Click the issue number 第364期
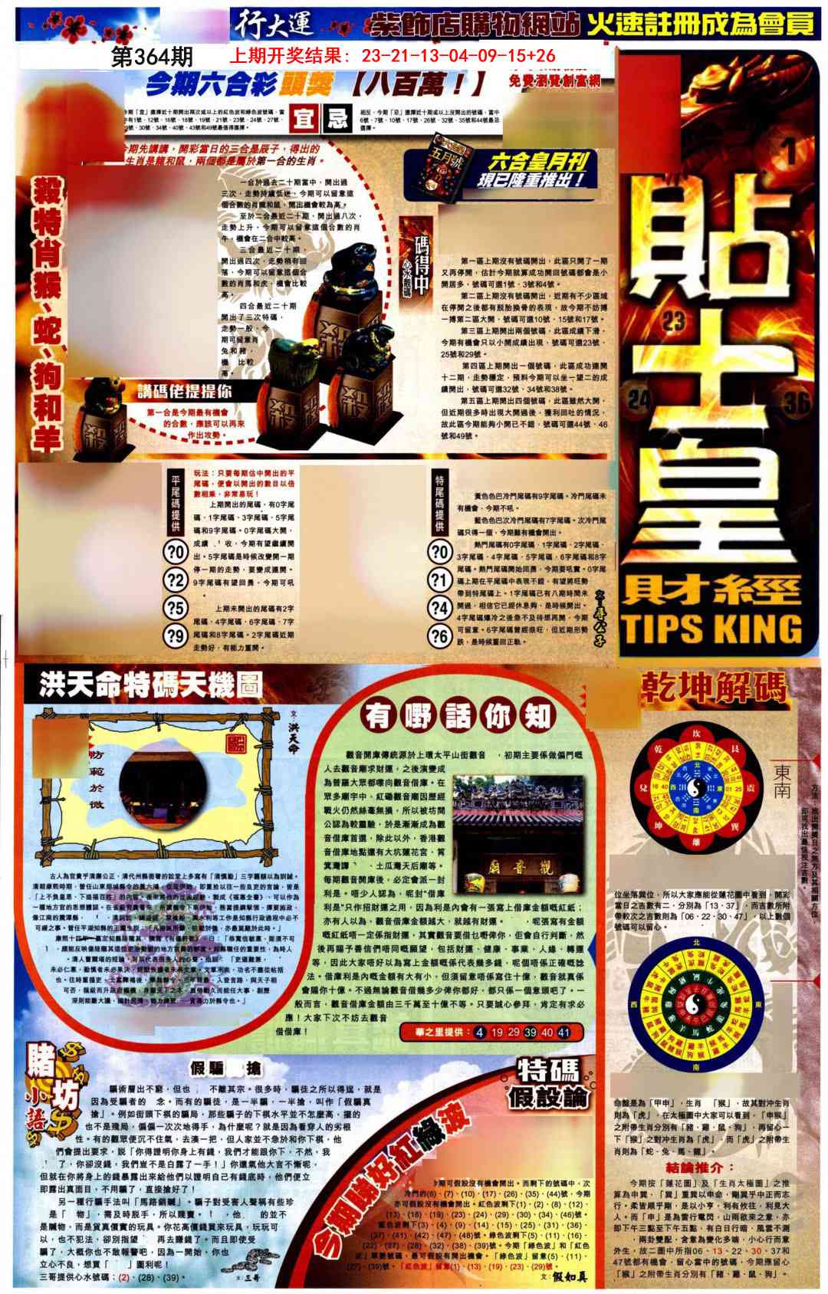[151, 56]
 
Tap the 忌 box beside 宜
[337, 120]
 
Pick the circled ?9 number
[176, 635]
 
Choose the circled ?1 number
[439, 580]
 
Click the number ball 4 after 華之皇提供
[480, 1032]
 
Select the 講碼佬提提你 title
[184, 392]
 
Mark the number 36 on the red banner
[798, 402]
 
